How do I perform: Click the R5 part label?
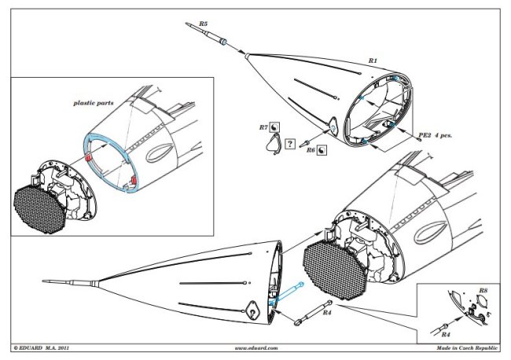[x=203, y=24]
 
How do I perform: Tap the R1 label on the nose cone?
[x=373, y=61]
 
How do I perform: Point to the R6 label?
[x=311, y=149]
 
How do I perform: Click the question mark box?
[x=290, y=143]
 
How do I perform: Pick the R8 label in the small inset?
[x=483, y=292]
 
